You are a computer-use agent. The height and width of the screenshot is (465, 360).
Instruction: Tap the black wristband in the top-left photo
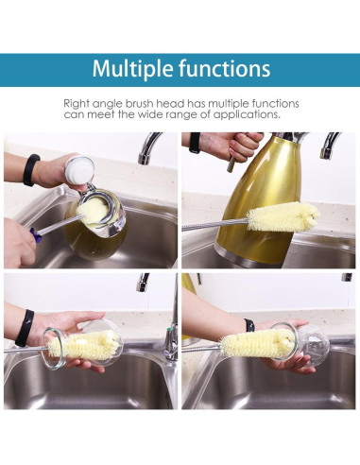(x=33, y=170)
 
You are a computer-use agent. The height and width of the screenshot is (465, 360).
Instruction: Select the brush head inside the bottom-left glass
(x=90, y=343)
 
